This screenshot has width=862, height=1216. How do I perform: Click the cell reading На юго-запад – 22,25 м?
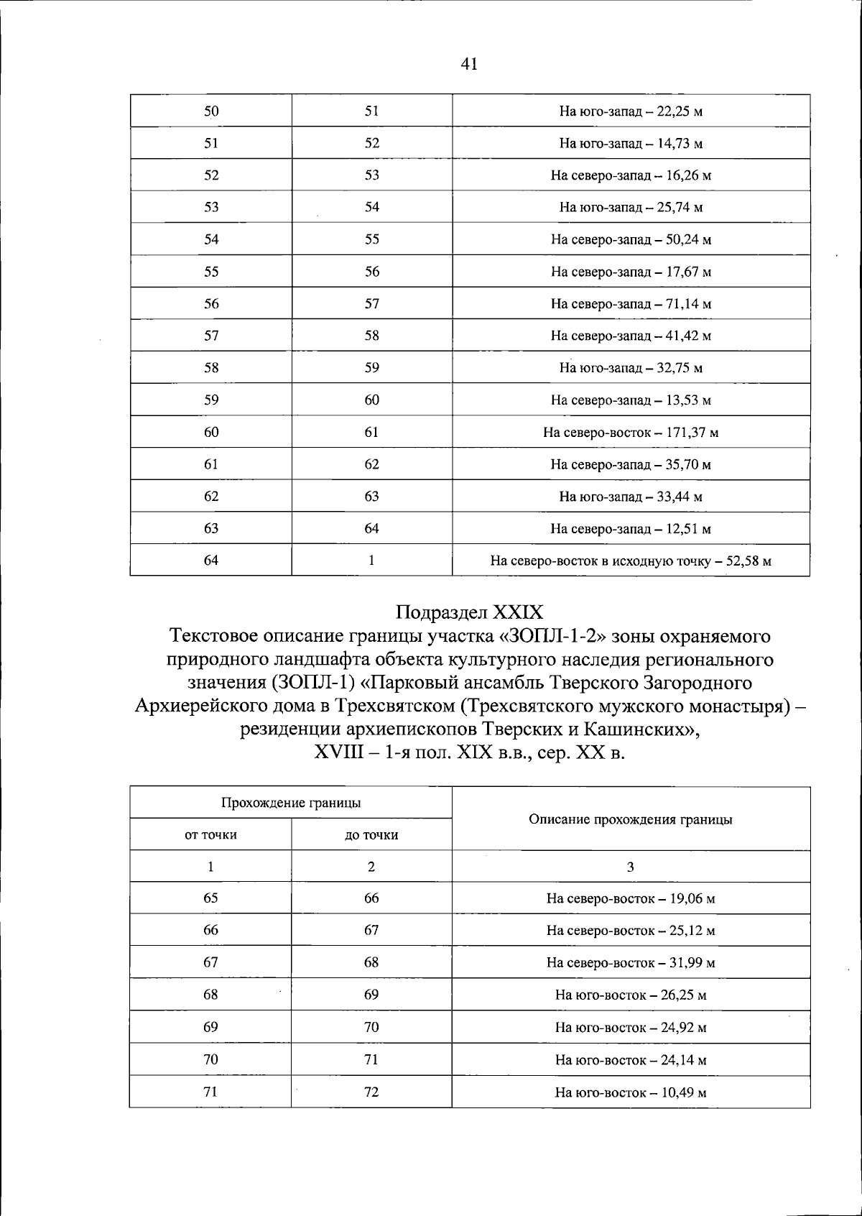[631, 111]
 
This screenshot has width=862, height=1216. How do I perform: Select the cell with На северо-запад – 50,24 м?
[631, 239]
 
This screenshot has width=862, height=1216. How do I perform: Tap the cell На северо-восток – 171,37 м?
[631, 433]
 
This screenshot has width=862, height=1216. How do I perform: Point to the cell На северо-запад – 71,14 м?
[631, 304]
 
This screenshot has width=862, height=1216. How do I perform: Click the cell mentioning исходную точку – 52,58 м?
[631, 561]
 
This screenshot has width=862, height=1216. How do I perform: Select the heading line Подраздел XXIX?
[469, 612]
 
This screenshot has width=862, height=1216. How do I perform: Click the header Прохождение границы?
[290, 803]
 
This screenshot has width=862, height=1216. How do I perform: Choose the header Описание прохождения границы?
[631, 819]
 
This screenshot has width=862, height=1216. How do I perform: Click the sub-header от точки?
[210, 835]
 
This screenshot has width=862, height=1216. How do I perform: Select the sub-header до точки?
[371, 835]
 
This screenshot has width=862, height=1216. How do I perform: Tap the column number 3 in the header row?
[631, 867]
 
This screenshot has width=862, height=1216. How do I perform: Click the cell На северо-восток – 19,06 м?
[631, 898]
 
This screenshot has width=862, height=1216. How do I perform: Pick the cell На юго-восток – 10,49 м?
[631, 1092]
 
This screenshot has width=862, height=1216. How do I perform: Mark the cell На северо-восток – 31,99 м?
[631, 963]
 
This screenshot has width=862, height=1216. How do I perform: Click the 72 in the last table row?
[371, 1092]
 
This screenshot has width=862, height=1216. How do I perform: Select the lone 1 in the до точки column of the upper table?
[371, 561]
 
